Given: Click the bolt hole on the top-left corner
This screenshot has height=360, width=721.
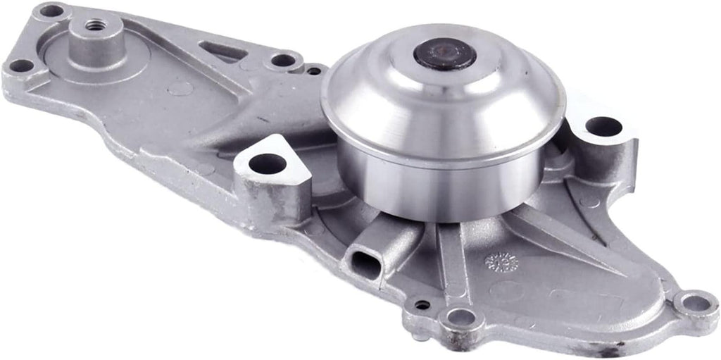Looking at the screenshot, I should pyautogui.click(x=51, y=11).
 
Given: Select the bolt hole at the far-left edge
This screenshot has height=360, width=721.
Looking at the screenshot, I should pyautogui.click(x=20, y=66).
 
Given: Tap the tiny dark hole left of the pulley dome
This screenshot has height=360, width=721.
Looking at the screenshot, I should pyautogui.click(x=313, y=70).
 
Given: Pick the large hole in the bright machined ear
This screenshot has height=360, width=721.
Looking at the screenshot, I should pyautogui.click(x=268, y=163).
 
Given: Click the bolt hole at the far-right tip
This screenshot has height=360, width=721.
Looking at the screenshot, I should pyautogui.click(x=696, y=304).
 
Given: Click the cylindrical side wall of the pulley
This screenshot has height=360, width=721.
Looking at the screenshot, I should pyautogui.click(x=437, y=187).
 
